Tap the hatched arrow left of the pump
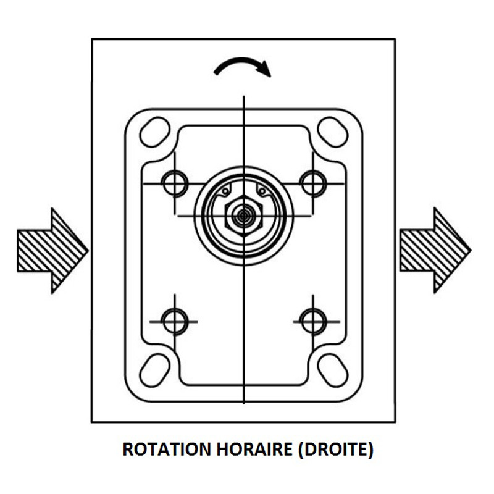52,251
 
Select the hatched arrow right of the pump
435,251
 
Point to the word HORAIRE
254,450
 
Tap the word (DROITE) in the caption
335,450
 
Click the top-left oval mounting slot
155,132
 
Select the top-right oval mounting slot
333,132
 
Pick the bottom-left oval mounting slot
155,371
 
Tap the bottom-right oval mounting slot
333,371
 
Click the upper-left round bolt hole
175,183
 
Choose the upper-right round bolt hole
313,183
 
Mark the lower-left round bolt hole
175,322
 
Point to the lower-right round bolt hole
313,322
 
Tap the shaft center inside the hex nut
243,216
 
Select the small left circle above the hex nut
225,191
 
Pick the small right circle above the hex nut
262,191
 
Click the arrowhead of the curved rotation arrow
265,69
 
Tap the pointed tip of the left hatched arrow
88,251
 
